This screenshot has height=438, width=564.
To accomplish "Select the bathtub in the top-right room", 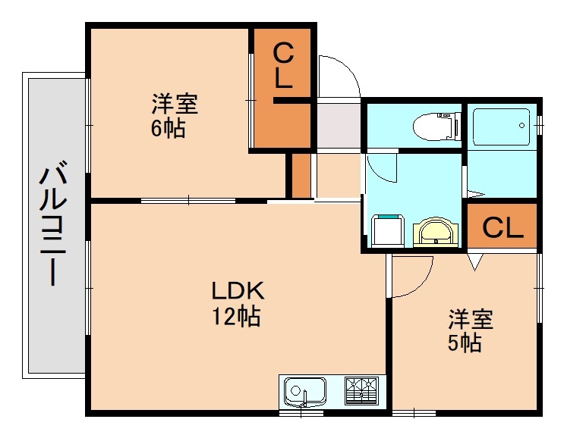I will coord(500,126).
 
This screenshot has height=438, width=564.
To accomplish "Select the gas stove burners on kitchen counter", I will coord(363,392).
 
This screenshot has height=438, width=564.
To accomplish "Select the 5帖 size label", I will coord(463,343).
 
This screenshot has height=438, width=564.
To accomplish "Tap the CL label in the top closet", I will coord(282,66).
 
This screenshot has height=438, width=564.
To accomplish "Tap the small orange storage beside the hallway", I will coord(301,174).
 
